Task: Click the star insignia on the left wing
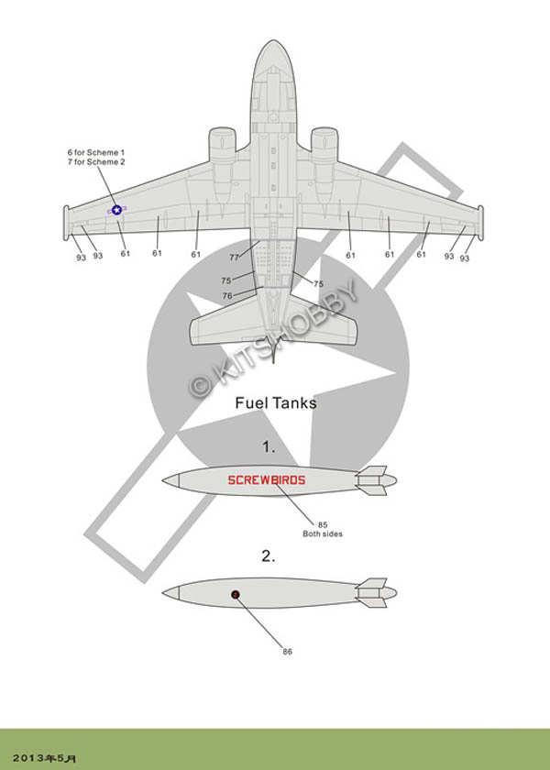coord(116,210)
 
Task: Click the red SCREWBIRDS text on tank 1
coord(267,479)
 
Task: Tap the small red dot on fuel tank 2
coord(236,594)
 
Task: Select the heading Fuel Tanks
coord(276,401)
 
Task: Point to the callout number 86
coord(287,651)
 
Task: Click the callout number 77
coord(234,258)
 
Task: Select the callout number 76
coord(226,295)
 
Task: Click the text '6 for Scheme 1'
coord(95,151)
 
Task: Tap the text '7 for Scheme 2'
coord(95,161)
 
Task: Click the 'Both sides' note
coord(323,534)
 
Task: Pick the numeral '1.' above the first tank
coord(269,447)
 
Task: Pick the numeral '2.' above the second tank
coord(269,555)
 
